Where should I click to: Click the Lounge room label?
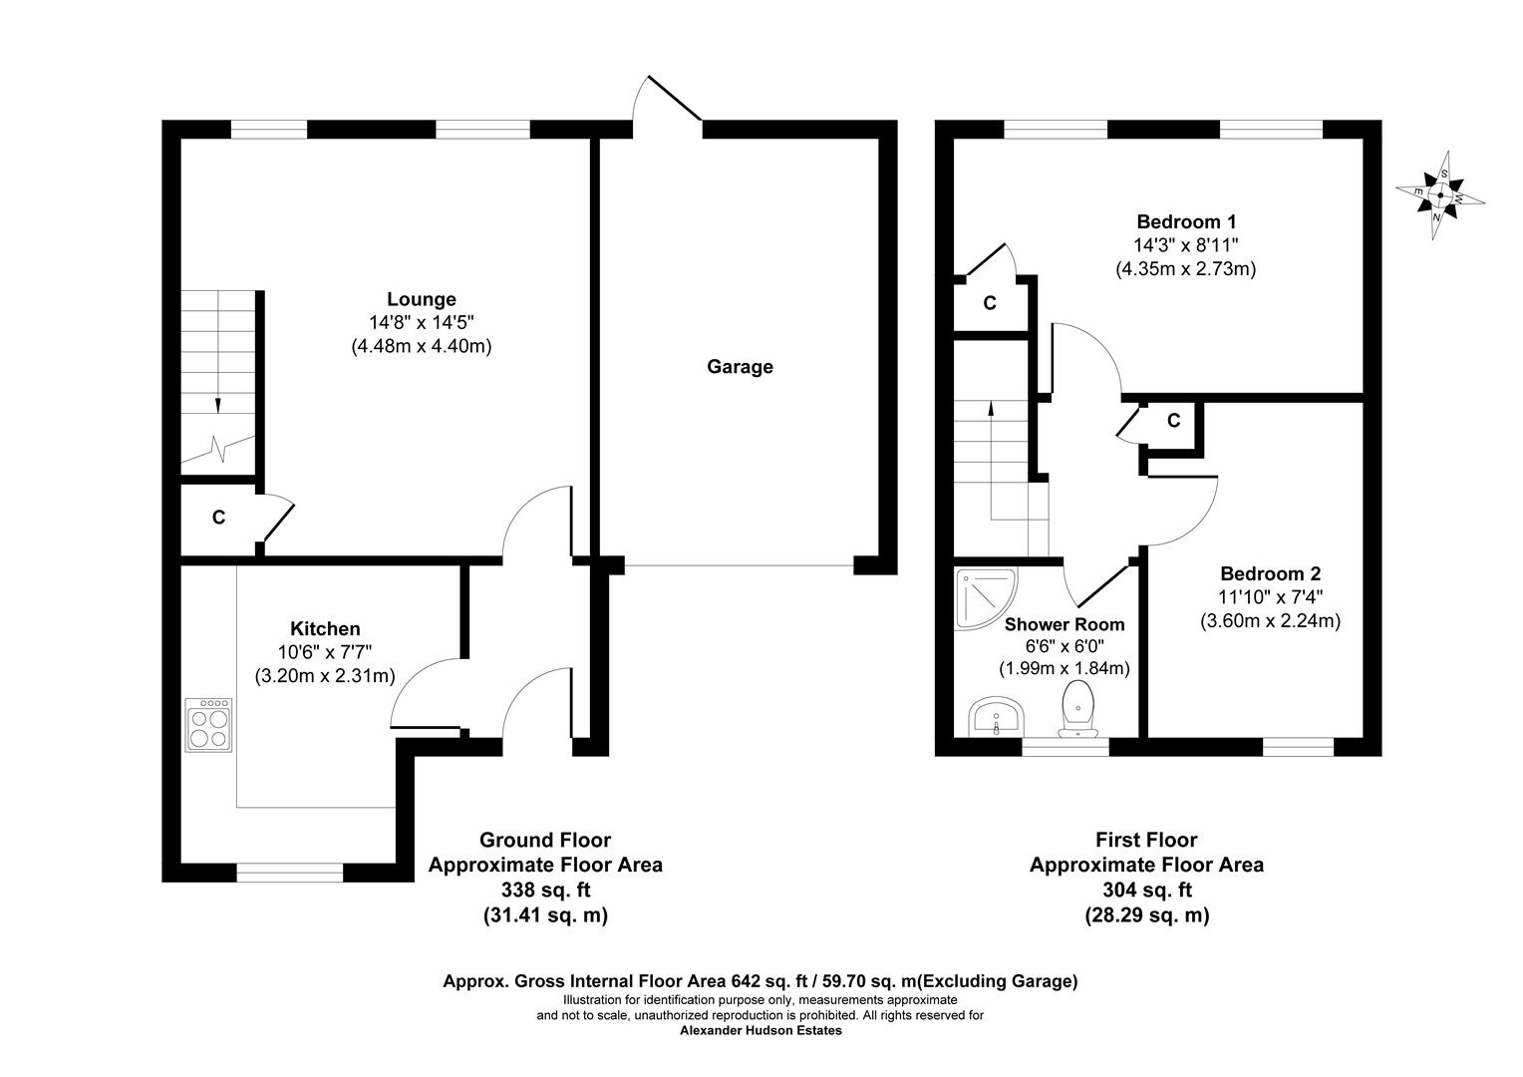422,299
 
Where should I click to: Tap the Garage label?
740,367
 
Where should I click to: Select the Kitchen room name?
325,628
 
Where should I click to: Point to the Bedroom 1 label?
1186,221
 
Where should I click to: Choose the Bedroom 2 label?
1270,573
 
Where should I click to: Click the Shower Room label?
1065,624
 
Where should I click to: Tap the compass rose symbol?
1440,195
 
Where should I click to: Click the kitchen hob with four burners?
208,725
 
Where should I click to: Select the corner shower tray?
986,598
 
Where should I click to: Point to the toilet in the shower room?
1078,709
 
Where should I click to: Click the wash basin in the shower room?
996,716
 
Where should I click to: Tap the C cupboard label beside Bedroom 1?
990,303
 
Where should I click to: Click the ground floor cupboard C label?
218,518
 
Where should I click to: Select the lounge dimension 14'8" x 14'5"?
422,322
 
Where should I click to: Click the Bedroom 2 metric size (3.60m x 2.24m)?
1270,621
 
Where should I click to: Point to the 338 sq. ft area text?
546,890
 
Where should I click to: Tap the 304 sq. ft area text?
1147,890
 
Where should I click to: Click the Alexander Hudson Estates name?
761,1031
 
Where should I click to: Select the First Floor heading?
1147,840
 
